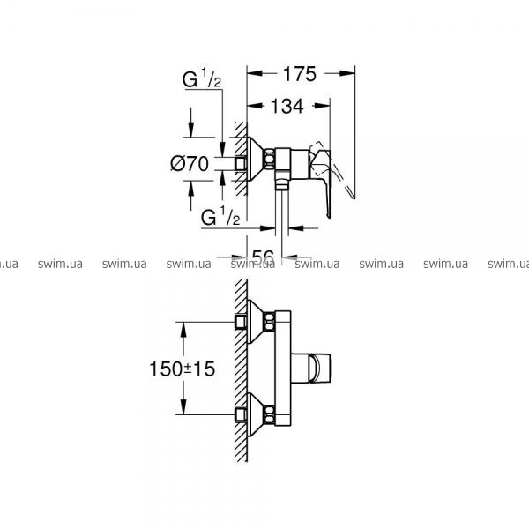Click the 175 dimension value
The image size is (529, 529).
click(x=300, y=74)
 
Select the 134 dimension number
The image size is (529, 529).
click(x=287, y=106)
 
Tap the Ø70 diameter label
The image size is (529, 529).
click(x=190, y=164)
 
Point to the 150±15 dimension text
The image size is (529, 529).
click(x=182, y=369)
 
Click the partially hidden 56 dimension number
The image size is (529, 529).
click(x=263, y=256)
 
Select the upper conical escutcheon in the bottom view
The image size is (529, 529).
click(x=257, y=322)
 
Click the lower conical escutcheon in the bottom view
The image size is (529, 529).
click(x=257, y=414)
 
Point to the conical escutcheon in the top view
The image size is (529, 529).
click(x=257, y=159)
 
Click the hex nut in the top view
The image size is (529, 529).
click(x=271, y=159)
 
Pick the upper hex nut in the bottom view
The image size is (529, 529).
click(x=270, y=322)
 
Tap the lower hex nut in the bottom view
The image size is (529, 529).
click(x=270, y=414)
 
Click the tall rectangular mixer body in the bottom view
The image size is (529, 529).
click(x=283, y=368)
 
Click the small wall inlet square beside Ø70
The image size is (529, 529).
click(x=241, y=164)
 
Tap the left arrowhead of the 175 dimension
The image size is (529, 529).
click(x=255, y=73)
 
